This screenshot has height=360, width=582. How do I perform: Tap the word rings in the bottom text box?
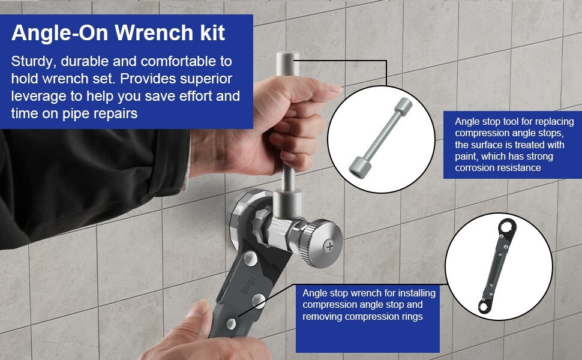coord(410,316)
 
